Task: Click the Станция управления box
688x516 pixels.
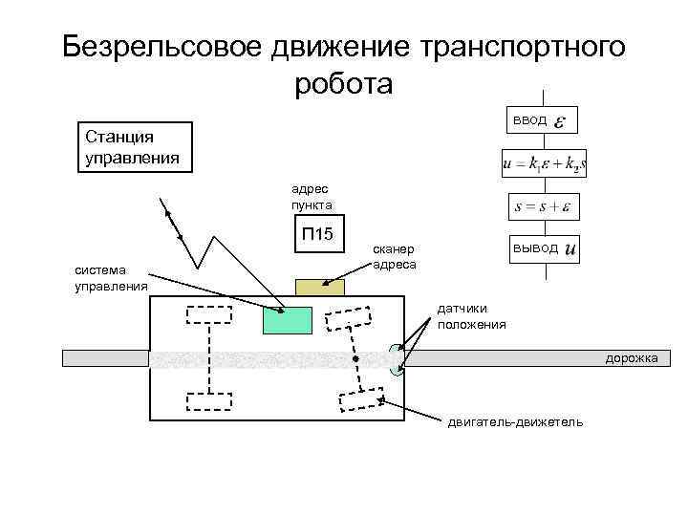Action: (x=135, y=146)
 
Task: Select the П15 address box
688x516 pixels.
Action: (x=316, y=235)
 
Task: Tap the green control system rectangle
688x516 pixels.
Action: (x=288, y=318)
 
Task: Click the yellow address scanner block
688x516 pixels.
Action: (x=319, y=287)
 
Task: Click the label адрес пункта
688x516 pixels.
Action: (x=312, y=199)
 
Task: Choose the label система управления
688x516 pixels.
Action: (x=111, y=278)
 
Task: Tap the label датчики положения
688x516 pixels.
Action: (x=471, y=317)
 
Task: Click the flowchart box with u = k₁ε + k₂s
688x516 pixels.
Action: (x=544, y=164)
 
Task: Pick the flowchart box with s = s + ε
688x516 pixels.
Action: (x=543, y=206)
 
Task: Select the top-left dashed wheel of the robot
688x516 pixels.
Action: (x=208, y=314)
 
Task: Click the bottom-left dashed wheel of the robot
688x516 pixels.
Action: (x=209, y=400)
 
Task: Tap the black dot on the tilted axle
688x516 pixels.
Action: (x=355, y=359)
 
